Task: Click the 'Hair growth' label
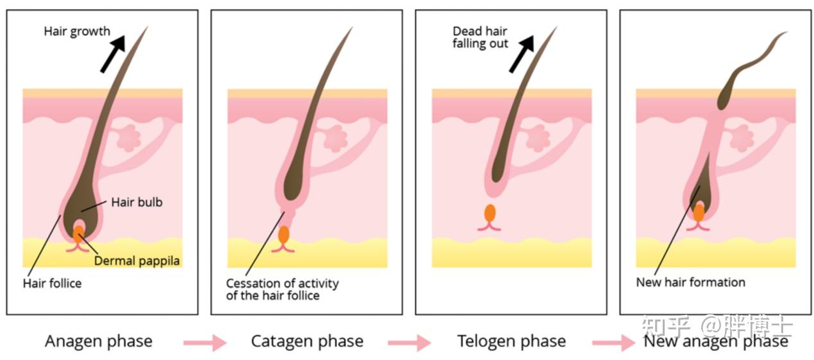click(77, 31)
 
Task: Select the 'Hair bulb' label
click(137, 202)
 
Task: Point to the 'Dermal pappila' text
click(136, 261)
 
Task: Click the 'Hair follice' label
click(53, 283)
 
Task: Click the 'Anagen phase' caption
click(99, 341)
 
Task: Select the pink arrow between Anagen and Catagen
click(205, 343)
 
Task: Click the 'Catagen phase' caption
click(307, 341)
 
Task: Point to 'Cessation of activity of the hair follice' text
click(282, 289)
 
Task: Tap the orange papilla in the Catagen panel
click(283, 234)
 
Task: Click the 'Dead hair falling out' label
click(480, 37)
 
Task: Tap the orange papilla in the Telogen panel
click(490, 213)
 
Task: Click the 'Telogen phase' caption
click(511, 341)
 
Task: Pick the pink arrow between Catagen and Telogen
click(409, 343)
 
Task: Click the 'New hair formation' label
click(690, 282)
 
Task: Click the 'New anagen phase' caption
click(716, 341)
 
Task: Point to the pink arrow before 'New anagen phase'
click(613, 343)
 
